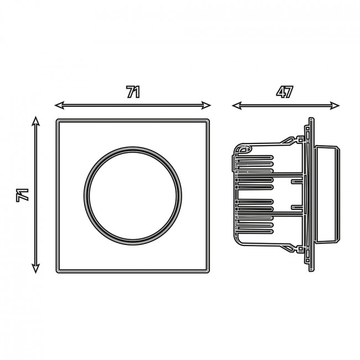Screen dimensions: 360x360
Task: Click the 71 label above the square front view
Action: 133,92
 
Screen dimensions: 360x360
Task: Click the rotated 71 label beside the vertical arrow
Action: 22,195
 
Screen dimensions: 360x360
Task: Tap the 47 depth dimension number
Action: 285,92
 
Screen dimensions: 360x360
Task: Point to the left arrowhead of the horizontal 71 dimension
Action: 59,105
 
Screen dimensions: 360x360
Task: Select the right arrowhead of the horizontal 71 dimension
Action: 206,105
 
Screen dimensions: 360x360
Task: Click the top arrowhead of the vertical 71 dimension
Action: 35,121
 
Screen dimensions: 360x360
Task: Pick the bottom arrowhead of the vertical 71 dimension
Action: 35,269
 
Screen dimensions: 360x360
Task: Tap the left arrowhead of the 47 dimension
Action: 236,106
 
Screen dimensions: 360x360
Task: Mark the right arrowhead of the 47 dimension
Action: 335,106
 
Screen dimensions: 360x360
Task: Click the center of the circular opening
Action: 133,196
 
